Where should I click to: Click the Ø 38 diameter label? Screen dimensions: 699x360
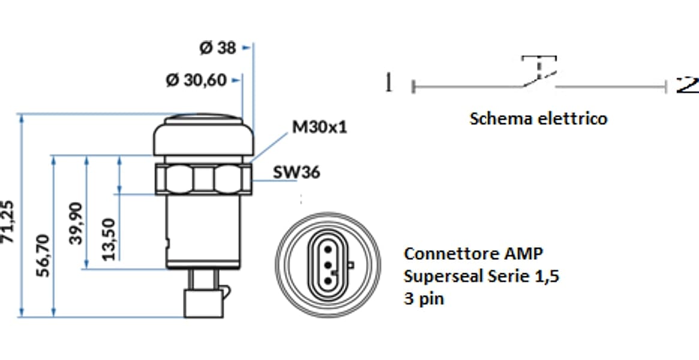pyautogui.click(x=218, y=47)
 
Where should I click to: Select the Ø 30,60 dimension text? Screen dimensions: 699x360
pyautogui.click(x=196, y=80)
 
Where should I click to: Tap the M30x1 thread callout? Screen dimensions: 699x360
pyautogui.click(x=319, y=127)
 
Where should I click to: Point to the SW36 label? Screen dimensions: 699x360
pyautogui.click(x=296, y=172)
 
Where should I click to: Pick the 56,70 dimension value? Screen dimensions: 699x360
pyautogui.click(x=43, y=255)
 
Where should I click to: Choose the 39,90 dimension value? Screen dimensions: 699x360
pyautogui.click(x=76, y=223)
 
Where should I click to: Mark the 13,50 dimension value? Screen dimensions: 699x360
pyautogui.click(x=109, y=239)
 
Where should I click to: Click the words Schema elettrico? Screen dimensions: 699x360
pyautogui.click(x=539, y=119)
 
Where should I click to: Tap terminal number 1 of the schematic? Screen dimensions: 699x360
pyautogui.click(x=389, y=83)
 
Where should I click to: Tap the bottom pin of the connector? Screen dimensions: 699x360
pyautogui.click(x=328, y=281)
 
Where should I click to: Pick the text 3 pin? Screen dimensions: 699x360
pyautogui.click(x=424, y=299)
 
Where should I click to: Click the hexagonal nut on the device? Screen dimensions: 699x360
pyautogui.click(x=203, y=179)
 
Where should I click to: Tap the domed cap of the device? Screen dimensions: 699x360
pyautogui.click(x=203, y=134)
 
